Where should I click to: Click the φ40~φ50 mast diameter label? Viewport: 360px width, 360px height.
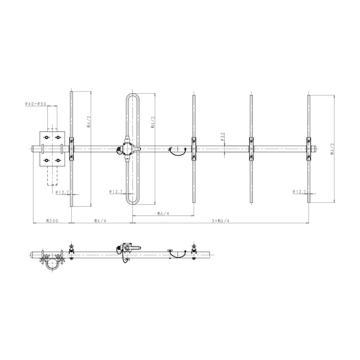(36, 104)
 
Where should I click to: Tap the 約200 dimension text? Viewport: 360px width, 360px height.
(52, 221)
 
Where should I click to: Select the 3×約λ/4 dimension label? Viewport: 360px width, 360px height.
(220, 221)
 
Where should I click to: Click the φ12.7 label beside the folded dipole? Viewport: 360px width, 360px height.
(116, 191)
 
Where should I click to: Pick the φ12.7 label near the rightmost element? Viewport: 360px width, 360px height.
(300, 191)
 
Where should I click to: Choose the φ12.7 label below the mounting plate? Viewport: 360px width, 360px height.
(62, 192)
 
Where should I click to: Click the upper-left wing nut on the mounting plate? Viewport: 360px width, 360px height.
(46, 137)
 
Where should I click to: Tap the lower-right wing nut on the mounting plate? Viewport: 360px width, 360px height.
(58, 160)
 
